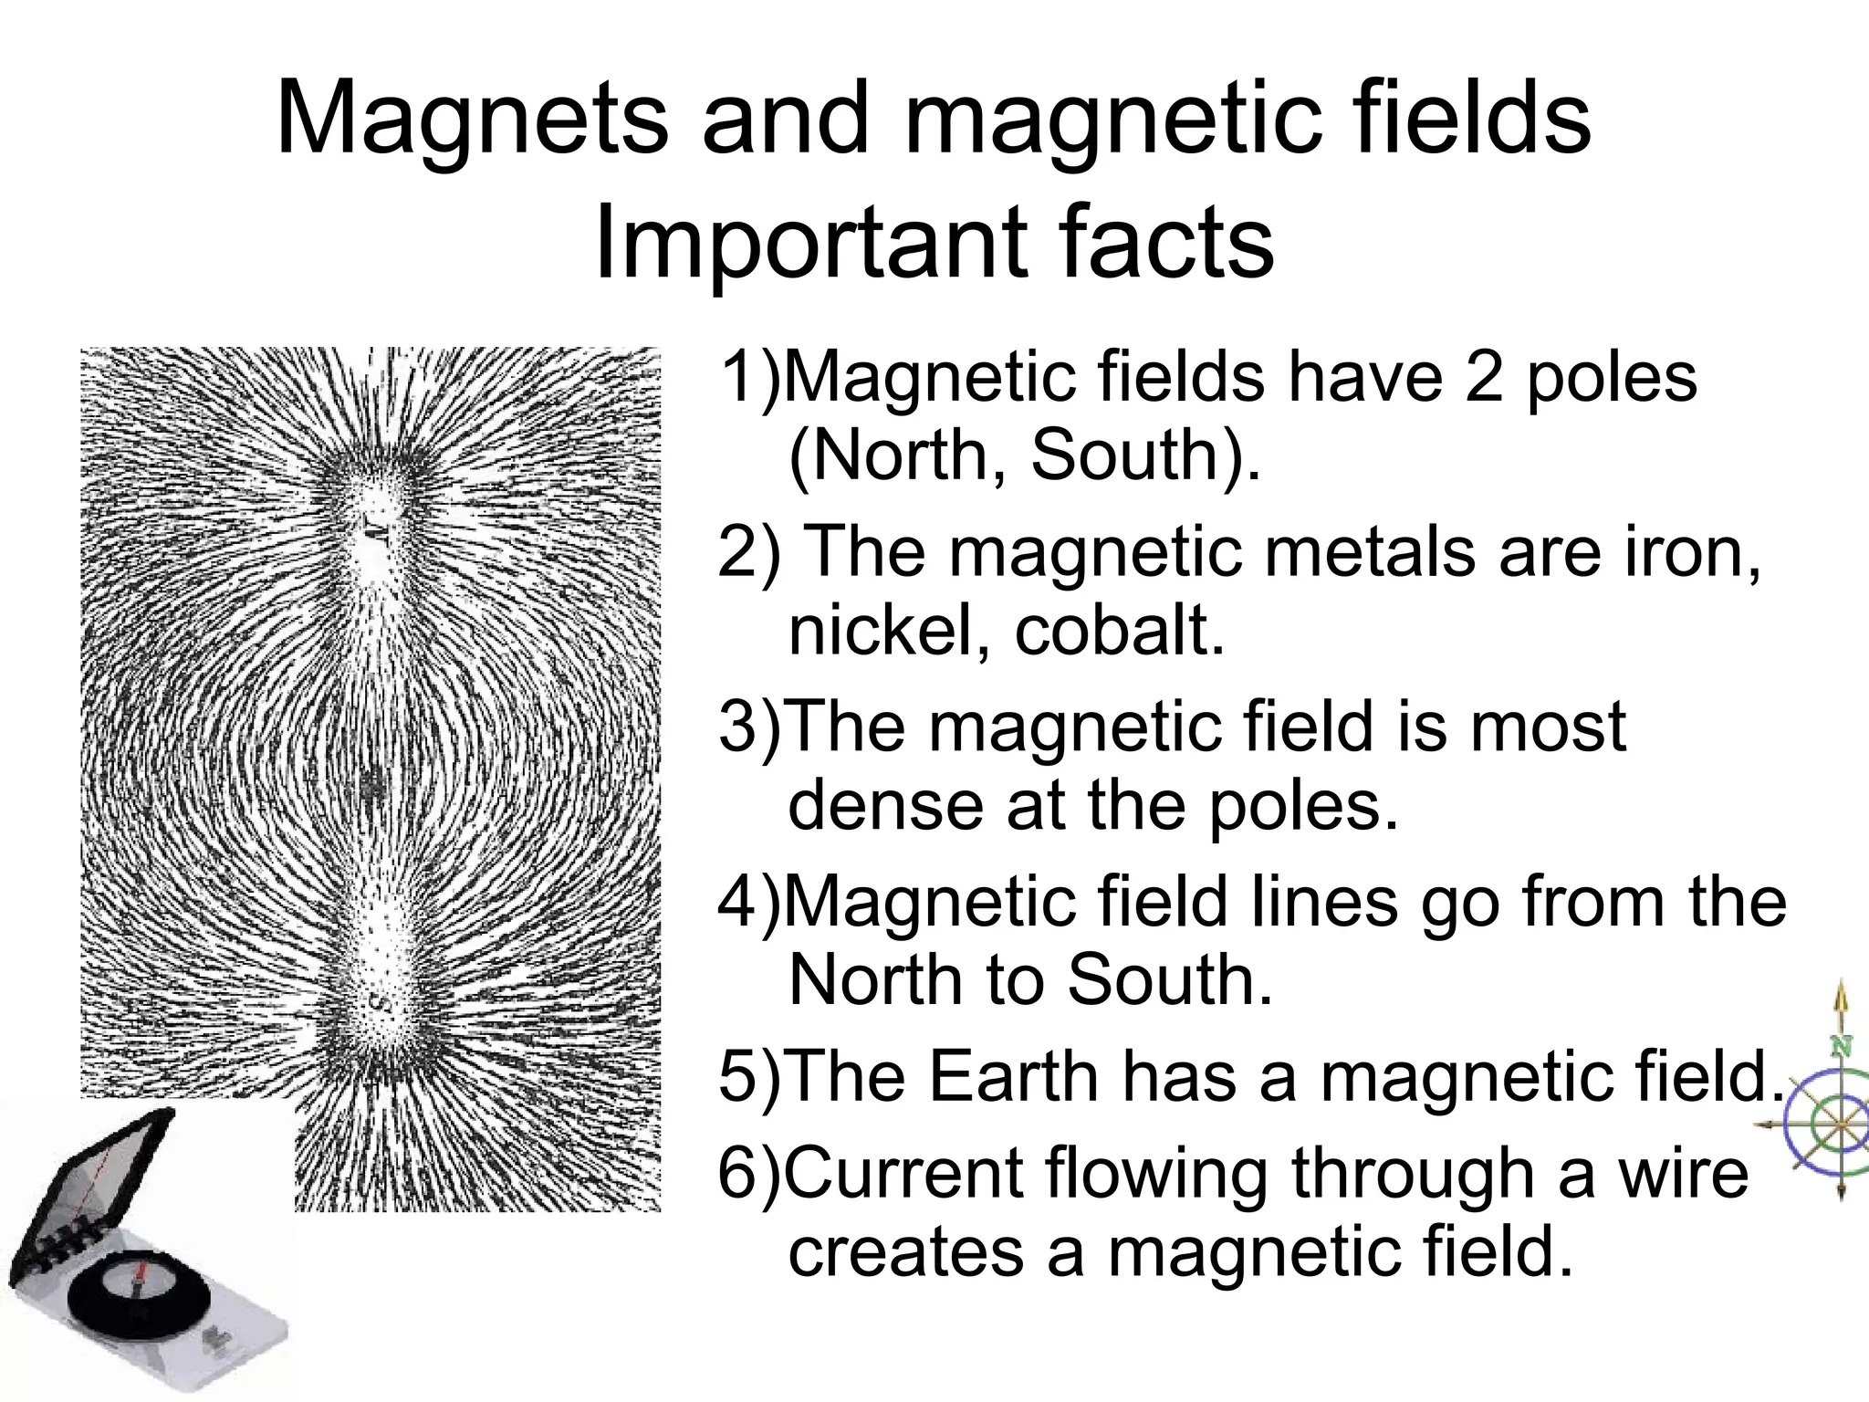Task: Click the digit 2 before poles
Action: pos(1485,377)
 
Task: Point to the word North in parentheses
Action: pos(909,455)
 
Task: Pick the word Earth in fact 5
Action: pos(1013,1077)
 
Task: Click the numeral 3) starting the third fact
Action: pos(748,727)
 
